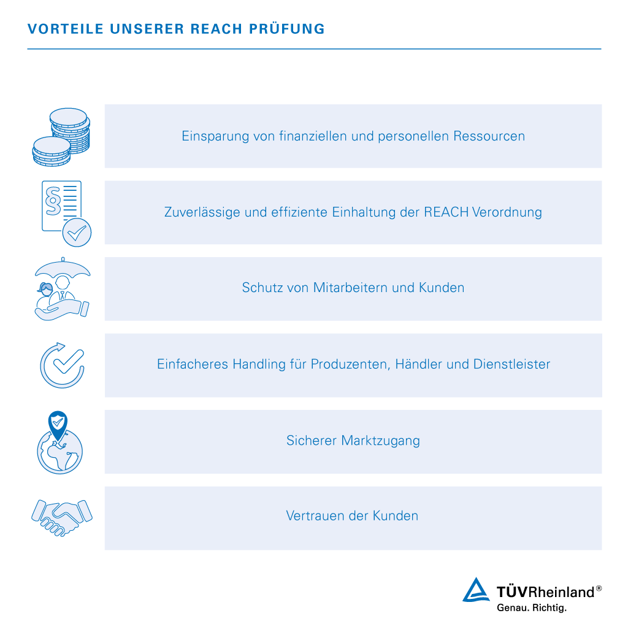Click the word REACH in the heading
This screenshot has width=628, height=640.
[216, 29]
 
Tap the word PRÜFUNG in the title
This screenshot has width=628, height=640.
[287, 29]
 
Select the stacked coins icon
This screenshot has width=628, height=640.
[61, 137]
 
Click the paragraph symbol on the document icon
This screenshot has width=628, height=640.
[53, 201]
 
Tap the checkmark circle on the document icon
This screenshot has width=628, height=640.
[77, 233]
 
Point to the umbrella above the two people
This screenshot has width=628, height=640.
[63, 268]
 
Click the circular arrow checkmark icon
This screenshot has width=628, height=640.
[62, 365]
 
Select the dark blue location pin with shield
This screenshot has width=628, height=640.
[58, 425]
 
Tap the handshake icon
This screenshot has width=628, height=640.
[62, 517]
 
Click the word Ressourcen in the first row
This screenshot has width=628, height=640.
[489, 136]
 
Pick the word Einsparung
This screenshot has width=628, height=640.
[215, 136]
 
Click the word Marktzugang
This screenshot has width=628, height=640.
[380, 441]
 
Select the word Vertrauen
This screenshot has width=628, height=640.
[316, 516]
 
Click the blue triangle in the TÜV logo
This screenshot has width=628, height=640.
[476, 590]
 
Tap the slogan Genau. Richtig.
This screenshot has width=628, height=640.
[532, 607]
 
